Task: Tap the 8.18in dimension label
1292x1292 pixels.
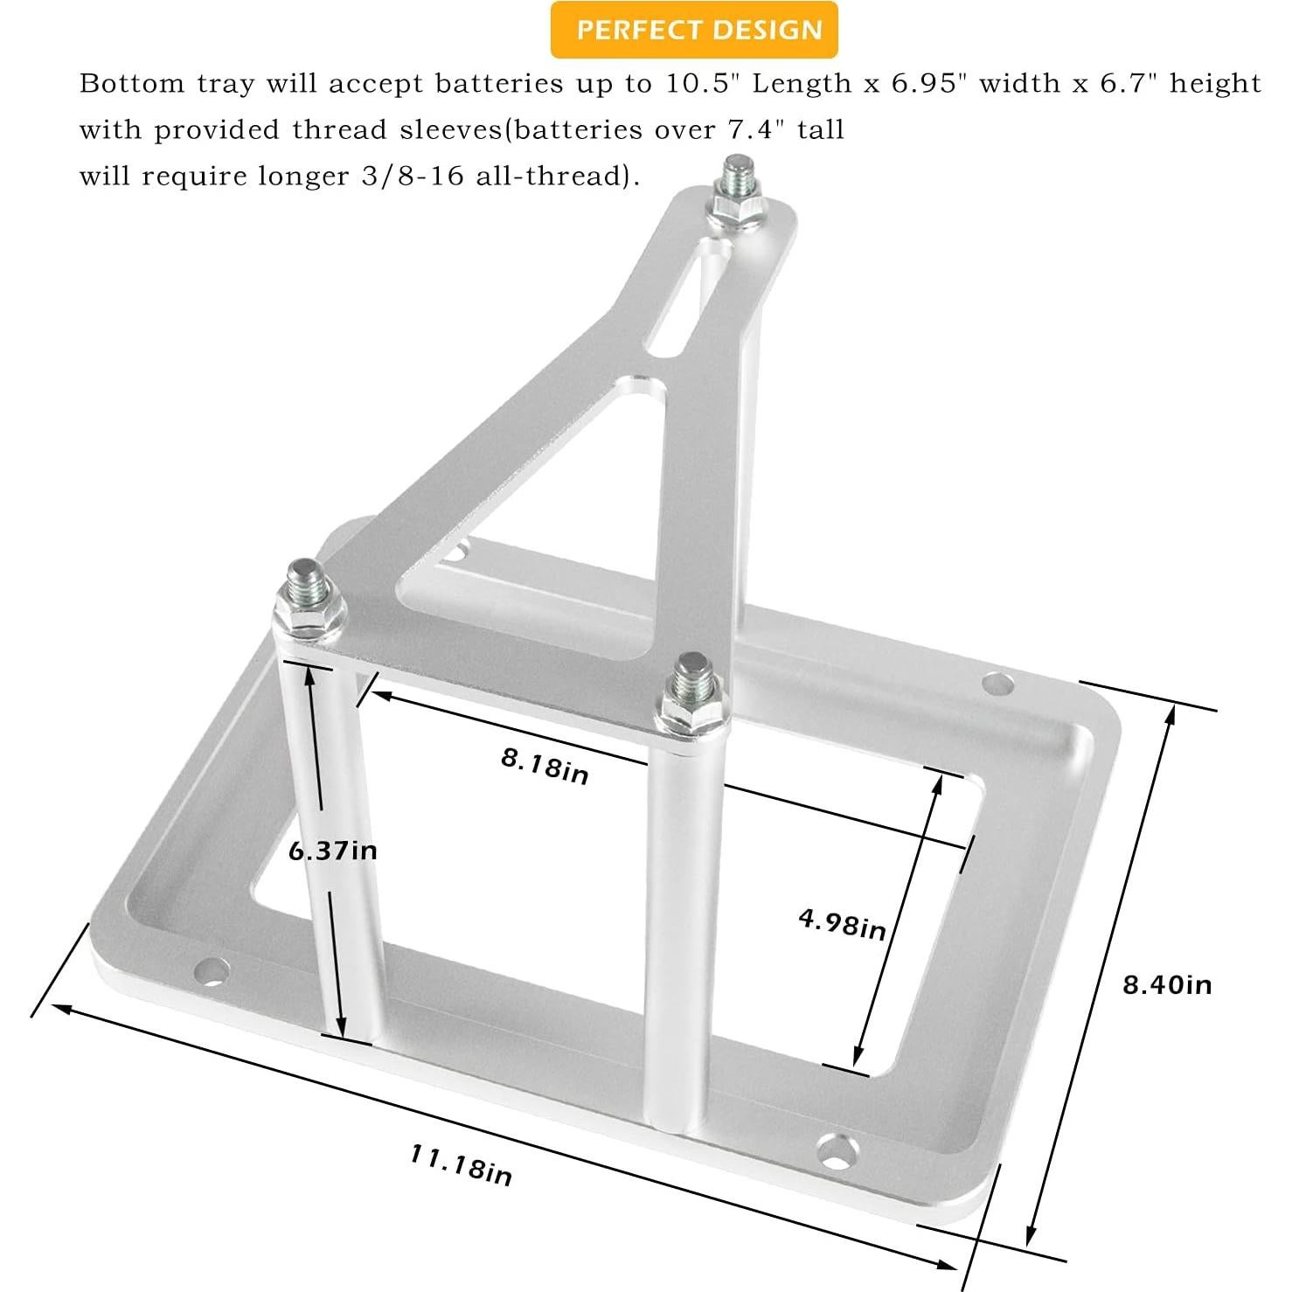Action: [544, 766]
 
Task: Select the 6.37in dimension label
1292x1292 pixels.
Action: [332, 850]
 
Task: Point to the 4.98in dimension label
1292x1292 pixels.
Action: [842, 923]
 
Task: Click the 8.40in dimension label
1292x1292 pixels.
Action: [1167, 985]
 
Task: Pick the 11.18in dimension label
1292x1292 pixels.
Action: [461, 1166]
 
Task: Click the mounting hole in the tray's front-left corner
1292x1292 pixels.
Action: [212, 971]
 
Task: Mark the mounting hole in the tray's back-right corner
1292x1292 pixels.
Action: [997, 684]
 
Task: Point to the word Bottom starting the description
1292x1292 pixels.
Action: [132, 84]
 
